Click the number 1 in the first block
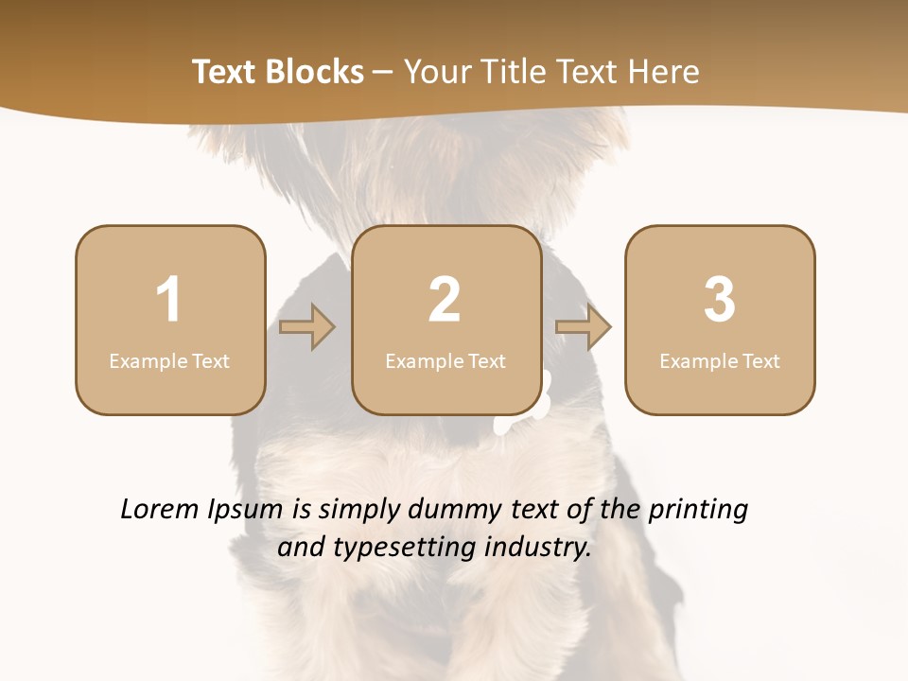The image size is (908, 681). point(168,300)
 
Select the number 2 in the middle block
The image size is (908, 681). point(445,300)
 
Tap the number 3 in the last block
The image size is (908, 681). point(720,300)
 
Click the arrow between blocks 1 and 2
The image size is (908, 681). point(307,327)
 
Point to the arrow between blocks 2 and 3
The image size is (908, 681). point(583,327)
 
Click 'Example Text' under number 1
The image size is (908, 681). point(169,361)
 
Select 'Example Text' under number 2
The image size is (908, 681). point(445,361)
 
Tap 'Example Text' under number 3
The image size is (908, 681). point(720,361)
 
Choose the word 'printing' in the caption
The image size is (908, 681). point(697,511)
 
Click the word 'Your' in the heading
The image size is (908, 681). point(435,72)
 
